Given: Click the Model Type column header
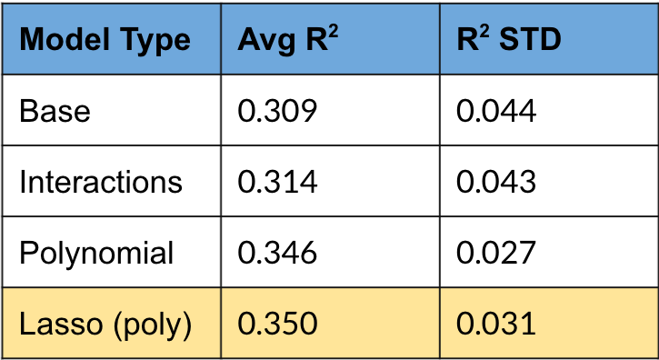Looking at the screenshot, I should [x=105, y=40].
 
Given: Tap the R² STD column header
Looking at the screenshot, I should [x=509, y=40].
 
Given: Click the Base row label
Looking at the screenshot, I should [x=55, y=111].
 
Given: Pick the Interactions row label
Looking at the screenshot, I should [x=100, y=182].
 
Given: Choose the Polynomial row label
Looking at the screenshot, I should [x=96, y=253].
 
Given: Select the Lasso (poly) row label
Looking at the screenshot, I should [x=105, y=325].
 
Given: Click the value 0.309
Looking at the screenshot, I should [x=277, y=111].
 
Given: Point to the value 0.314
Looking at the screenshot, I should [x=277, y=182].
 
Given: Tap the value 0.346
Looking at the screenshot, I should [x=277, y=253].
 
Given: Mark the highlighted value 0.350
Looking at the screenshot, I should [x=277, y=325].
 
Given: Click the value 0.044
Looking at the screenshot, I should [x=496, y=111].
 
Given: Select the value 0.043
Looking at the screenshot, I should [x=496, y=182].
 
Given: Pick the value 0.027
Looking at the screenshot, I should [x=496, y=253].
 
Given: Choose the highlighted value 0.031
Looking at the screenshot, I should [x=496, y=325].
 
